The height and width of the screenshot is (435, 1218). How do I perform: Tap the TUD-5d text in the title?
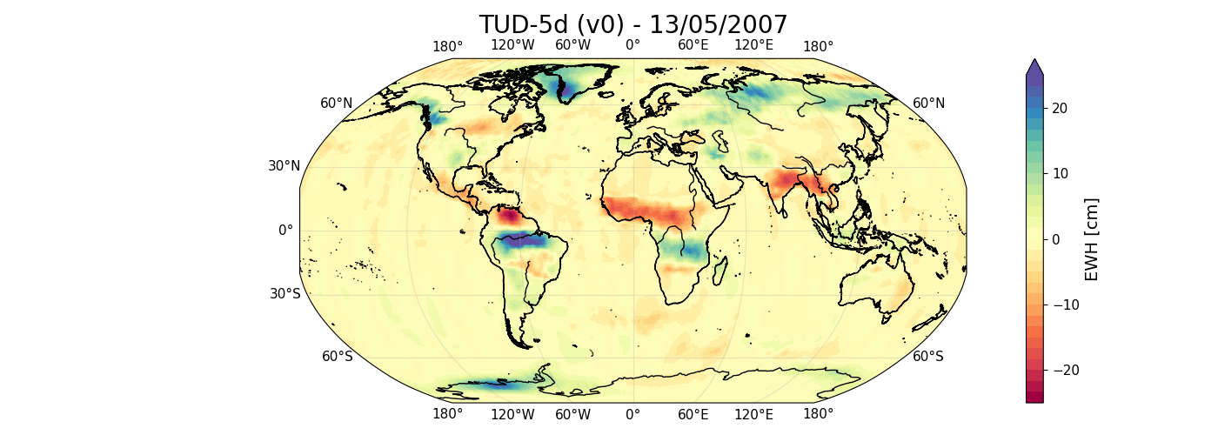[520, 24]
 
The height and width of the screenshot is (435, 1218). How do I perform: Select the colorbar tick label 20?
[1061, 108]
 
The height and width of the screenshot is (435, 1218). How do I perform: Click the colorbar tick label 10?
[1061, 173]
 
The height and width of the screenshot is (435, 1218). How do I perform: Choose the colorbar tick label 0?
[1057, 239]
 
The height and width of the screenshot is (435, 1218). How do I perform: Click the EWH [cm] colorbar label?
[1092, 239]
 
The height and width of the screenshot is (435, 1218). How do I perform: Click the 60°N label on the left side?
[337, 104]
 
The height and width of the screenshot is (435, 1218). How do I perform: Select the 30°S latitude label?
[284, 294]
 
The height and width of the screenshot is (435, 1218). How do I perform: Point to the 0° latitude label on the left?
[285, 231]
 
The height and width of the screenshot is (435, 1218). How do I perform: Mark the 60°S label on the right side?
[928, 357]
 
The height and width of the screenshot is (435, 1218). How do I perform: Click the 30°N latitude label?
[284, 166]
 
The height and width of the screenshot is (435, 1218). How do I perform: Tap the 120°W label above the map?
[512, 46]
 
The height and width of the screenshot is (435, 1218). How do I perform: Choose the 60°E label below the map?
[693, 415]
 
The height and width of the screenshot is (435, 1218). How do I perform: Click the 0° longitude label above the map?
[632, 46]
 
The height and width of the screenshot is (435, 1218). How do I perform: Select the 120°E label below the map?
[754, 415]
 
